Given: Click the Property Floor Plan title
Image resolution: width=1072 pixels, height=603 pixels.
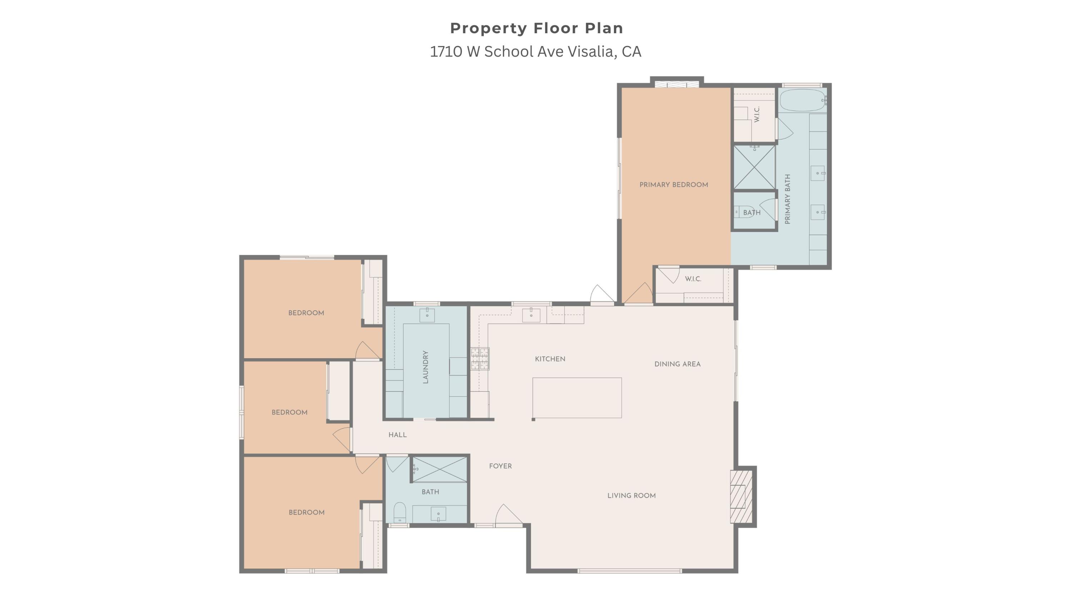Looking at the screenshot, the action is [536, 28].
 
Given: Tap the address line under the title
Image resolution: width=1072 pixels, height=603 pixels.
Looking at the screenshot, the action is [536, 51].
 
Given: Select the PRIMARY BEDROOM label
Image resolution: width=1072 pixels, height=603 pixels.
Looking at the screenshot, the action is [673, 185].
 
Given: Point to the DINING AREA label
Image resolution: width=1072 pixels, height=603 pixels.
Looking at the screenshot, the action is [677, 364].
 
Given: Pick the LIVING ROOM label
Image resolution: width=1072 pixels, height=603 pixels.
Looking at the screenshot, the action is [631, 496].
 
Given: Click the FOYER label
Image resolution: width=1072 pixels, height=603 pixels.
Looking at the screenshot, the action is [500, 466].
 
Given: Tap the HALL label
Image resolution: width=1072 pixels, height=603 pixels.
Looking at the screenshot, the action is [397, 435].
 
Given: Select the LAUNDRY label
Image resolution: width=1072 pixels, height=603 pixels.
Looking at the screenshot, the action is [425, 367].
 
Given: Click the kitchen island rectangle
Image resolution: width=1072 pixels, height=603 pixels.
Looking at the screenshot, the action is [577, 397].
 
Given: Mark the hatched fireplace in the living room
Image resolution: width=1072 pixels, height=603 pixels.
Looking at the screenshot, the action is [741, 496].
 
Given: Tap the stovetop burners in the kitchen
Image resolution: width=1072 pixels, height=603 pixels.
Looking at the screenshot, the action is [480, 359].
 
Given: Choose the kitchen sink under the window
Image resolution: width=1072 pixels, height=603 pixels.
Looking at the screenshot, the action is [531, 315].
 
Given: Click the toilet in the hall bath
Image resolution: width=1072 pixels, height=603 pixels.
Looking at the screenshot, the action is [399, 512].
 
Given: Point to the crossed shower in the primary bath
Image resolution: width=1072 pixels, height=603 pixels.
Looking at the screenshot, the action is [754, 167].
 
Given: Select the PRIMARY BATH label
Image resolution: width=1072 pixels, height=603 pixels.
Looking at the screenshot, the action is [787, 199].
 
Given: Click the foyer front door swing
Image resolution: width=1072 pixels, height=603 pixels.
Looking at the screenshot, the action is [508, 514].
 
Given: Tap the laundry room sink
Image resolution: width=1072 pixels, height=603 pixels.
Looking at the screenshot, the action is [427, 315].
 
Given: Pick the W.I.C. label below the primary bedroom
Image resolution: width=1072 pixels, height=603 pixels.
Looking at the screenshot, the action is [693, 279].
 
